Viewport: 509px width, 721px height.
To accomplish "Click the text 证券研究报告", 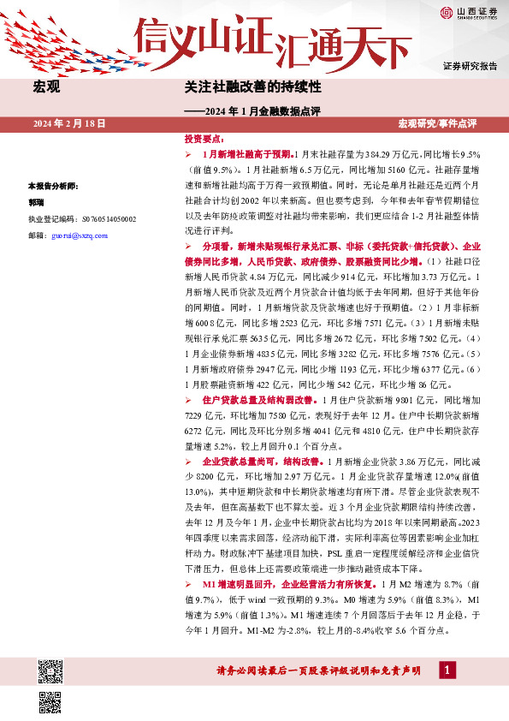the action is point(470,66).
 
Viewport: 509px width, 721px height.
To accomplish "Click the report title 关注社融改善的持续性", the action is point(240,87).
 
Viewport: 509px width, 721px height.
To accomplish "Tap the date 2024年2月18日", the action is point(69,124).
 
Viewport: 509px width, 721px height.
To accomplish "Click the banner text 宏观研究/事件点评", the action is point(449,124).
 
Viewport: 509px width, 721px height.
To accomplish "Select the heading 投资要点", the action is point(204,138).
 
